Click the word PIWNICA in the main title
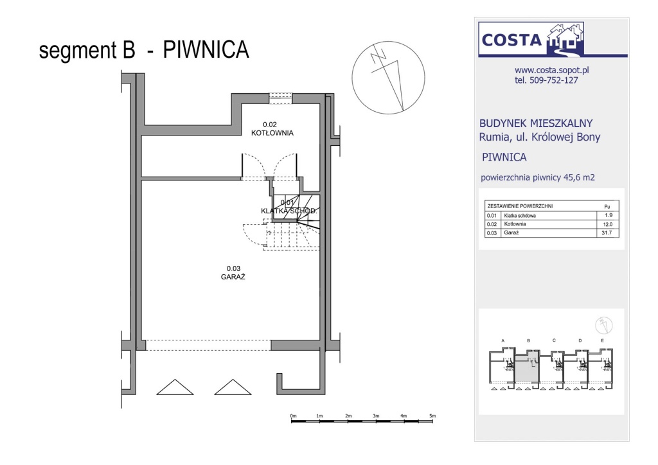pyautogui.click(x=206, y=49)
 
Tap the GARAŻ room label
pyautogui.click(x=233, y=277)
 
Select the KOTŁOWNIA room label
pyautogui.click(x=272, y=133)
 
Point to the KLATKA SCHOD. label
pyautogui.click(x=289, y=211)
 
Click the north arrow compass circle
pyautogui.click(x=388, y=78)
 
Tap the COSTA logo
pyautogui.click(x=531, y=39)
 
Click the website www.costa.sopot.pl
pyautogui.click(x=552, y=71)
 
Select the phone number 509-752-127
pyautogui.click(x=554, y=80)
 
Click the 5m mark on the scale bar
pyautogui.click(x=432, y=416)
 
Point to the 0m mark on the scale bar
pyautogui.click(x=293, y=416)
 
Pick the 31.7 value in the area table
pyautogui.click(x=607, y=232)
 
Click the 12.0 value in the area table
pyautogui.click(x=607, y=224)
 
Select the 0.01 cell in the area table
pyautogui.click(x=492, y=216)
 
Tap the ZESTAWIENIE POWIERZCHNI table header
pyautogui.click(x=520, y=206)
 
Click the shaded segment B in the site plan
pyautogui.click(x=527, y=368)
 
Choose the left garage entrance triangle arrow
pyautogui.click(x=175, y=387)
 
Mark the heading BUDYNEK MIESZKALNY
pyautogui.click(x=536, y=123)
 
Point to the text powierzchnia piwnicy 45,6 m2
pyautogui.click(x=538, y=177)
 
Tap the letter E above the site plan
pyautogui.click(x=603, y=341)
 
